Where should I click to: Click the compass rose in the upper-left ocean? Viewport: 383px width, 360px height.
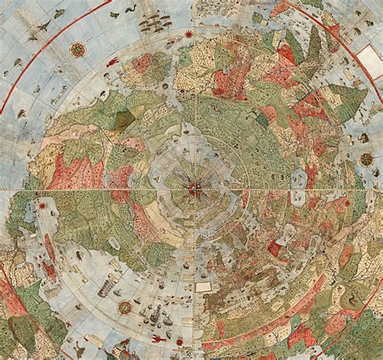point(78,49)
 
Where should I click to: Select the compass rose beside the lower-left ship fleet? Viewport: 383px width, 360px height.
point(125,307)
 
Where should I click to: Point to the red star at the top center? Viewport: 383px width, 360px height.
point(188,34)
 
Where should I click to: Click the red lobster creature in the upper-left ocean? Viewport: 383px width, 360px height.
point(112,61)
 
